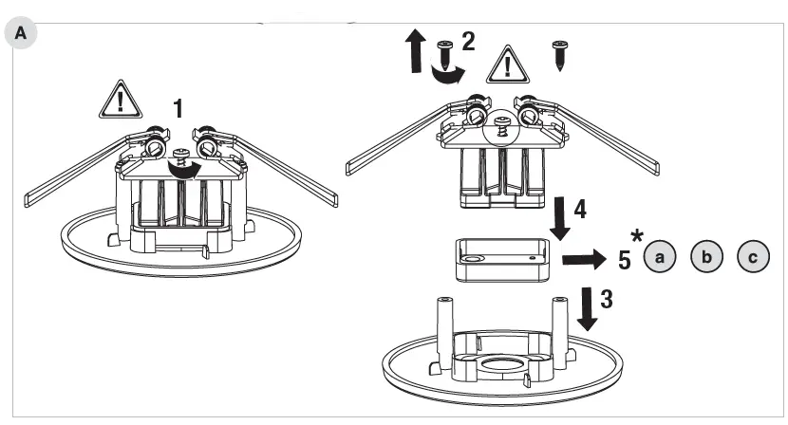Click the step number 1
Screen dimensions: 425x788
(177, 108)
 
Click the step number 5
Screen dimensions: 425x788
(625, 257)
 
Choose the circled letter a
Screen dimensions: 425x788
(659, 256)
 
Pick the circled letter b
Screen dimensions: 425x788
(706, 256)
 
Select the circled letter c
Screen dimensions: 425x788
(753, 256)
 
